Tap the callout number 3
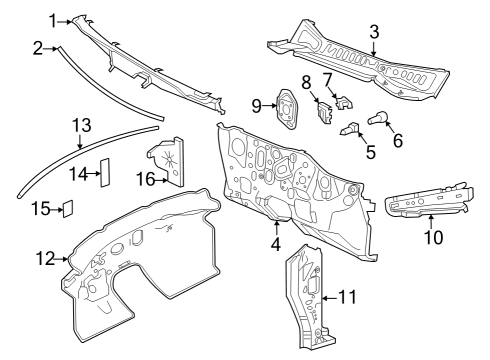[373, 32]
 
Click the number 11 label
[347, 298]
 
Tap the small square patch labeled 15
[69, 209]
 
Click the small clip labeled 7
[343, 100]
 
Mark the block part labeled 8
[324, 109]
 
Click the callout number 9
[257, 104]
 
